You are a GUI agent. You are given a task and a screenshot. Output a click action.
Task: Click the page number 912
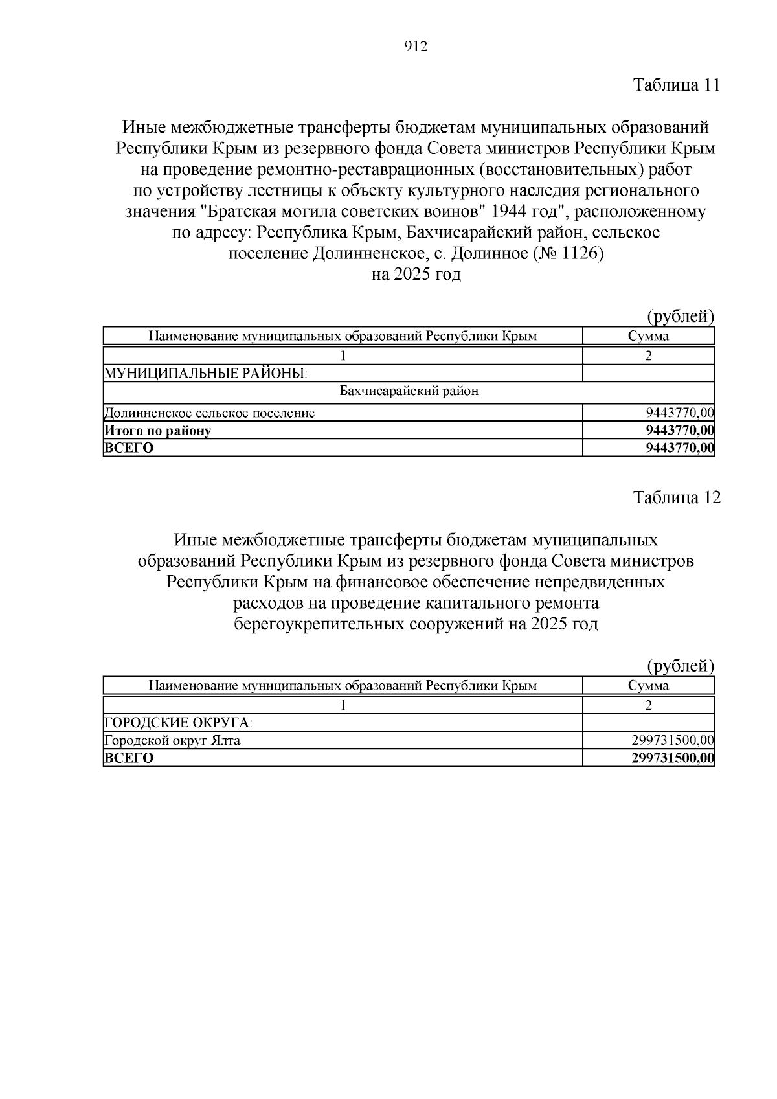(416, 47)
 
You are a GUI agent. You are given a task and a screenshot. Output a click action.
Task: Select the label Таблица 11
(676, 85)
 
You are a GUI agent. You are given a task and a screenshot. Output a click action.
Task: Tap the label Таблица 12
(676, 497)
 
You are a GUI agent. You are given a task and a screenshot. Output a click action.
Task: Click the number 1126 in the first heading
(580, 253)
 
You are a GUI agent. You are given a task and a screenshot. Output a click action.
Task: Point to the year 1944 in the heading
(510, 212)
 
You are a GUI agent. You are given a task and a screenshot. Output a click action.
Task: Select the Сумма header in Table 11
(648, 335)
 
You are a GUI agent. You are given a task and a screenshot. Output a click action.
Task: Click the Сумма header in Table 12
(648, 685)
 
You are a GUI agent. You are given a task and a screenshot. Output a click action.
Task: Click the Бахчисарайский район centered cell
(409, 391)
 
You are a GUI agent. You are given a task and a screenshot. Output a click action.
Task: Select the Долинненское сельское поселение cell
(210, 413)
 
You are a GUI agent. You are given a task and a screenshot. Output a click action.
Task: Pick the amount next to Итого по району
(680, 431)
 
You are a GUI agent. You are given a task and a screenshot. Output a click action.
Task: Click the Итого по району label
(158, 431)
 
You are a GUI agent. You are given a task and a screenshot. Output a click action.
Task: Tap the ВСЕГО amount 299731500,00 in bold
(673, 758)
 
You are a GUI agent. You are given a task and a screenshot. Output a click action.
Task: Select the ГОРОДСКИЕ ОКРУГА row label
(178, 723)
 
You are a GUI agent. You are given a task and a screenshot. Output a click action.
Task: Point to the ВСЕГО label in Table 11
(129, 448)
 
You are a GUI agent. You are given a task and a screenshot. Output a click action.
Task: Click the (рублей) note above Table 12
(681, 666)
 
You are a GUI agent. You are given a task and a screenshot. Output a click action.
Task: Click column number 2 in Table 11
(648, 356)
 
